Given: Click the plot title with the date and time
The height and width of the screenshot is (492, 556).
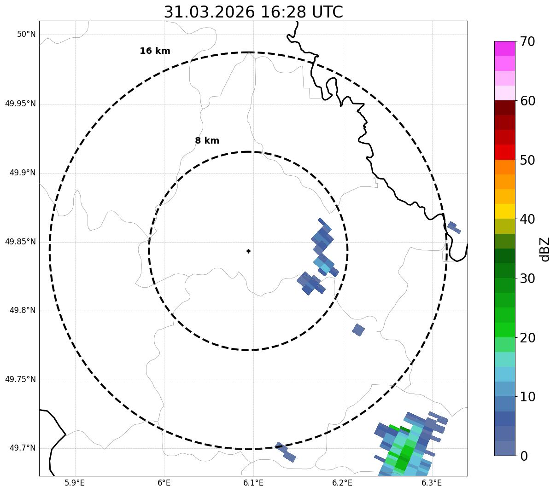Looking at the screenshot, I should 253,12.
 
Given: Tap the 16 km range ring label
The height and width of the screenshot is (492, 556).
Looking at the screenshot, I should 155,51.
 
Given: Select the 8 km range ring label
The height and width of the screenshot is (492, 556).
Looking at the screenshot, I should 207,141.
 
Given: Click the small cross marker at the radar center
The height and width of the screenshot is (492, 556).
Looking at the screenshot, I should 248,251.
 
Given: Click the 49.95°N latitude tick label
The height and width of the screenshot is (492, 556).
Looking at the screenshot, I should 20,104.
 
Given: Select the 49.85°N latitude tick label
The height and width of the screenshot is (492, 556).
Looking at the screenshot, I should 20,242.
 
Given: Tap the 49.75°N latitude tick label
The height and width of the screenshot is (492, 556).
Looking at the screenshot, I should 20,380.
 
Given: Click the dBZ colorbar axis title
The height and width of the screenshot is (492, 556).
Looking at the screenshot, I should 545,249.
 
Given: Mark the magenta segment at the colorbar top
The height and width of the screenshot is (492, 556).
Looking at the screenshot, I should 504,48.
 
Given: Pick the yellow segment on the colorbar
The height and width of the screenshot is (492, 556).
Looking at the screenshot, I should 504,211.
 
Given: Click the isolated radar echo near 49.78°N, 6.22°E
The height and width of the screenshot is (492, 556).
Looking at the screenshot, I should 358,330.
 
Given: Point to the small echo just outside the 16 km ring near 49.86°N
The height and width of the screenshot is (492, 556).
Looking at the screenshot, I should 454,227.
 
